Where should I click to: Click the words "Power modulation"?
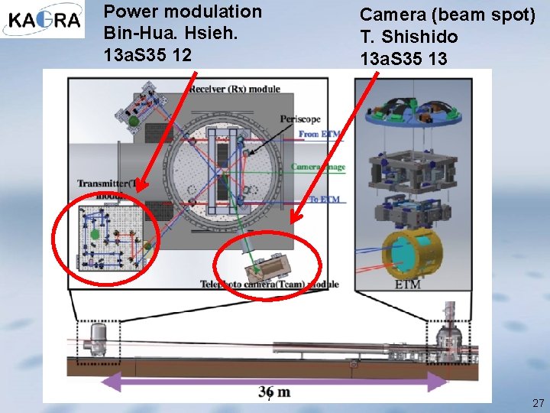coord(183,11)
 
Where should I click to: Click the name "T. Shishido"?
coord(409,36)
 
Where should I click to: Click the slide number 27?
coord(538,402)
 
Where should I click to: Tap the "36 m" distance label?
coord(274,392)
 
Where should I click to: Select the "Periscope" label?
coord(300,119)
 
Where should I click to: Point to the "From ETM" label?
coord(319,135)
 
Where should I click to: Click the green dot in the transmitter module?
coord(95,234)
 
